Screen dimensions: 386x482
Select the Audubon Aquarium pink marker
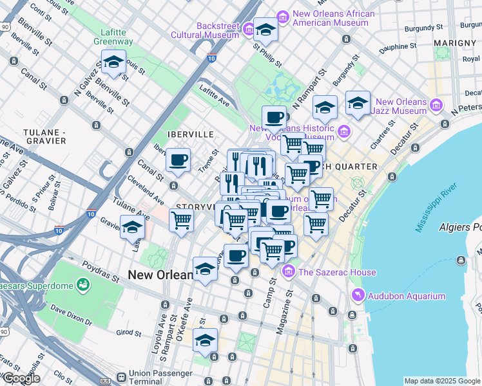pos(358,295)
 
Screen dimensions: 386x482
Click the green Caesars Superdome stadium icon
pos(82,284)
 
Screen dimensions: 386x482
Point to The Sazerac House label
pos(336,272)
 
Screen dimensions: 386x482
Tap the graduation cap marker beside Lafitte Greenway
pos(114,63)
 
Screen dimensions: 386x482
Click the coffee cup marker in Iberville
pos(178,160)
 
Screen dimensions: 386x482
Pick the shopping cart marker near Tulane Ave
pos(182,220)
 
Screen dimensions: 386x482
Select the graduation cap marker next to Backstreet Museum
pos(265,29)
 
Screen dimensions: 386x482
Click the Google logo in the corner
pos(21,378)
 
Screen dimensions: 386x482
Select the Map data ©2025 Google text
pos(441,381)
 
